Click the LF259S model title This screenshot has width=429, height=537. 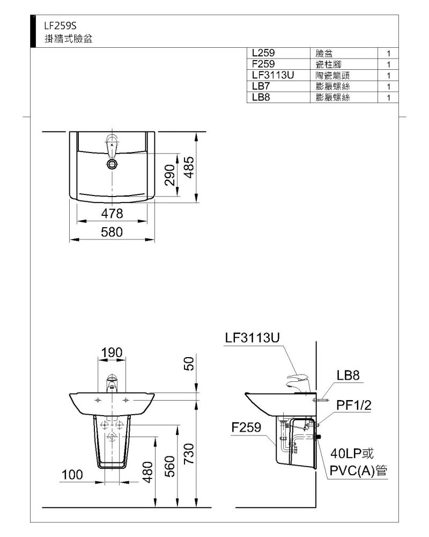60,26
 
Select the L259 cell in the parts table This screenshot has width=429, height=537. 263,53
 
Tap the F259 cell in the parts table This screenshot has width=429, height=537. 263,64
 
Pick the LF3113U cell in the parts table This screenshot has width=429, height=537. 272,75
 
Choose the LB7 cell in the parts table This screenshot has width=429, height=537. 261,86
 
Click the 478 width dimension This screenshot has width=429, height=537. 112,214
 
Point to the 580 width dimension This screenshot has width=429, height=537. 112,232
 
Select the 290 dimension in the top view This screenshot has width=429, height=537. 170,175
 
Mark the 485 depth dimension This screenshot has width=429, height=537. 189,167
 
